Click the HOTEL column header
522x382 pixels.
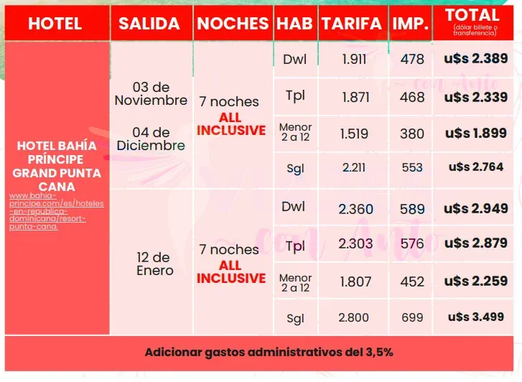click(55, 24)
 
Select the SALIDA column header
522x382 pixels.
click(149, 24)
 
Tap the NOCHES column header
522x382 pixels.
click(233, 24)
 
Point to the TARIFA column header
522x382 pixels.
click(352, 24)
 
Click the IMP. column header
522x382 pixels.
click(411, 24)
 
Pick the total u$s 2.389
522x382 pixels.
click(476, 59)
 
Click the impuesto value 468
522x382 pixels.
click(412, 97)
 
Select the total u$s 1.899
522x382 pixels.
click(476, 134)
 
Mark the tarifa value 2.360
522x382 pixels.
click(355, 209)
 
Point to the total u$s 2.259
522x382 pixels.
click(476, 282)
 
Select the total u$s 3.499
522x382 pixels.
click(476, 317)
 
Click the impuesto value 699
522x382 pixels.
click(412, 317)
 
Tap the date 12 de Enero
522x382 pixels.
click(154, 264)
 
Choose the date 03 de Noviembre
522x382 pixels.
click(151, 93)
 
